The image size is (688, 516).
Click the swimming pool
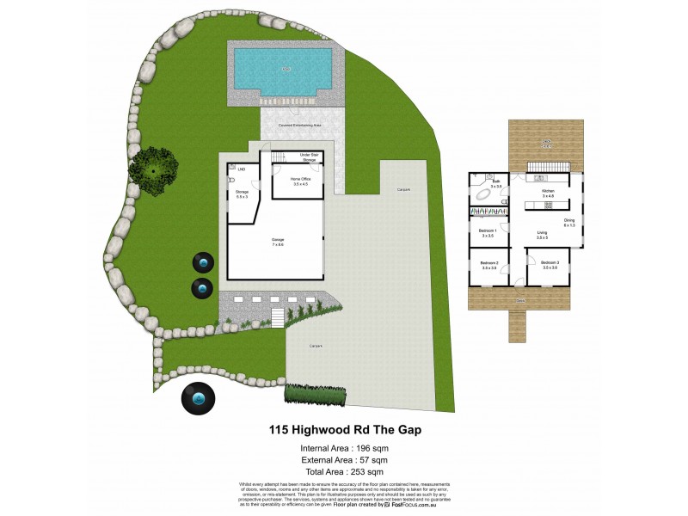(283, 70)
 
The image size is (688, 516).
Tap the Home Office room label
(299, 181)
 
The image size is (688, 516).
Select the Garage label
(277, 242)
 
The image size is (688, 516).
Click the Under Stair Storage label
(309, 157)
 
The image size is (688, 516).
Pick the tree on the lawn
(154, 169)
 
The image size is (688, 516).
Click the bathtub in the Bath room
(488, 195)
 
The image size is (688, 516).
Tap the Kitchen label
(548, 193)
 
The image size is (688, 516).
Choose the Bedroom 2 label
(490, 265)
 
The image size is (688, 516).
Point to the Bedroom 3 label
(550, 265)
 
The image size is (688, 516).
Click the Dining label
(568, 223)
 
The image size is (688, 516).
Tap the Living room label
(543, 234)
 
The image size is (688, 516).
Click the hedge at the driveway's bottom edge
(316, 392)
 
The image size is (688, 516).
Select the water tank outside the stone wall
(199, 399)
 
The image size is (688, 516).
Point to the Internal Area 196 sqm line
(341, 448)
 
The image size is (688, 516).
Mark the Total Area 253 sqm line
(341, 472)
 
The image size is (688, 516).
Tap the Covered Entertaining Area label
(299, 126)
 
